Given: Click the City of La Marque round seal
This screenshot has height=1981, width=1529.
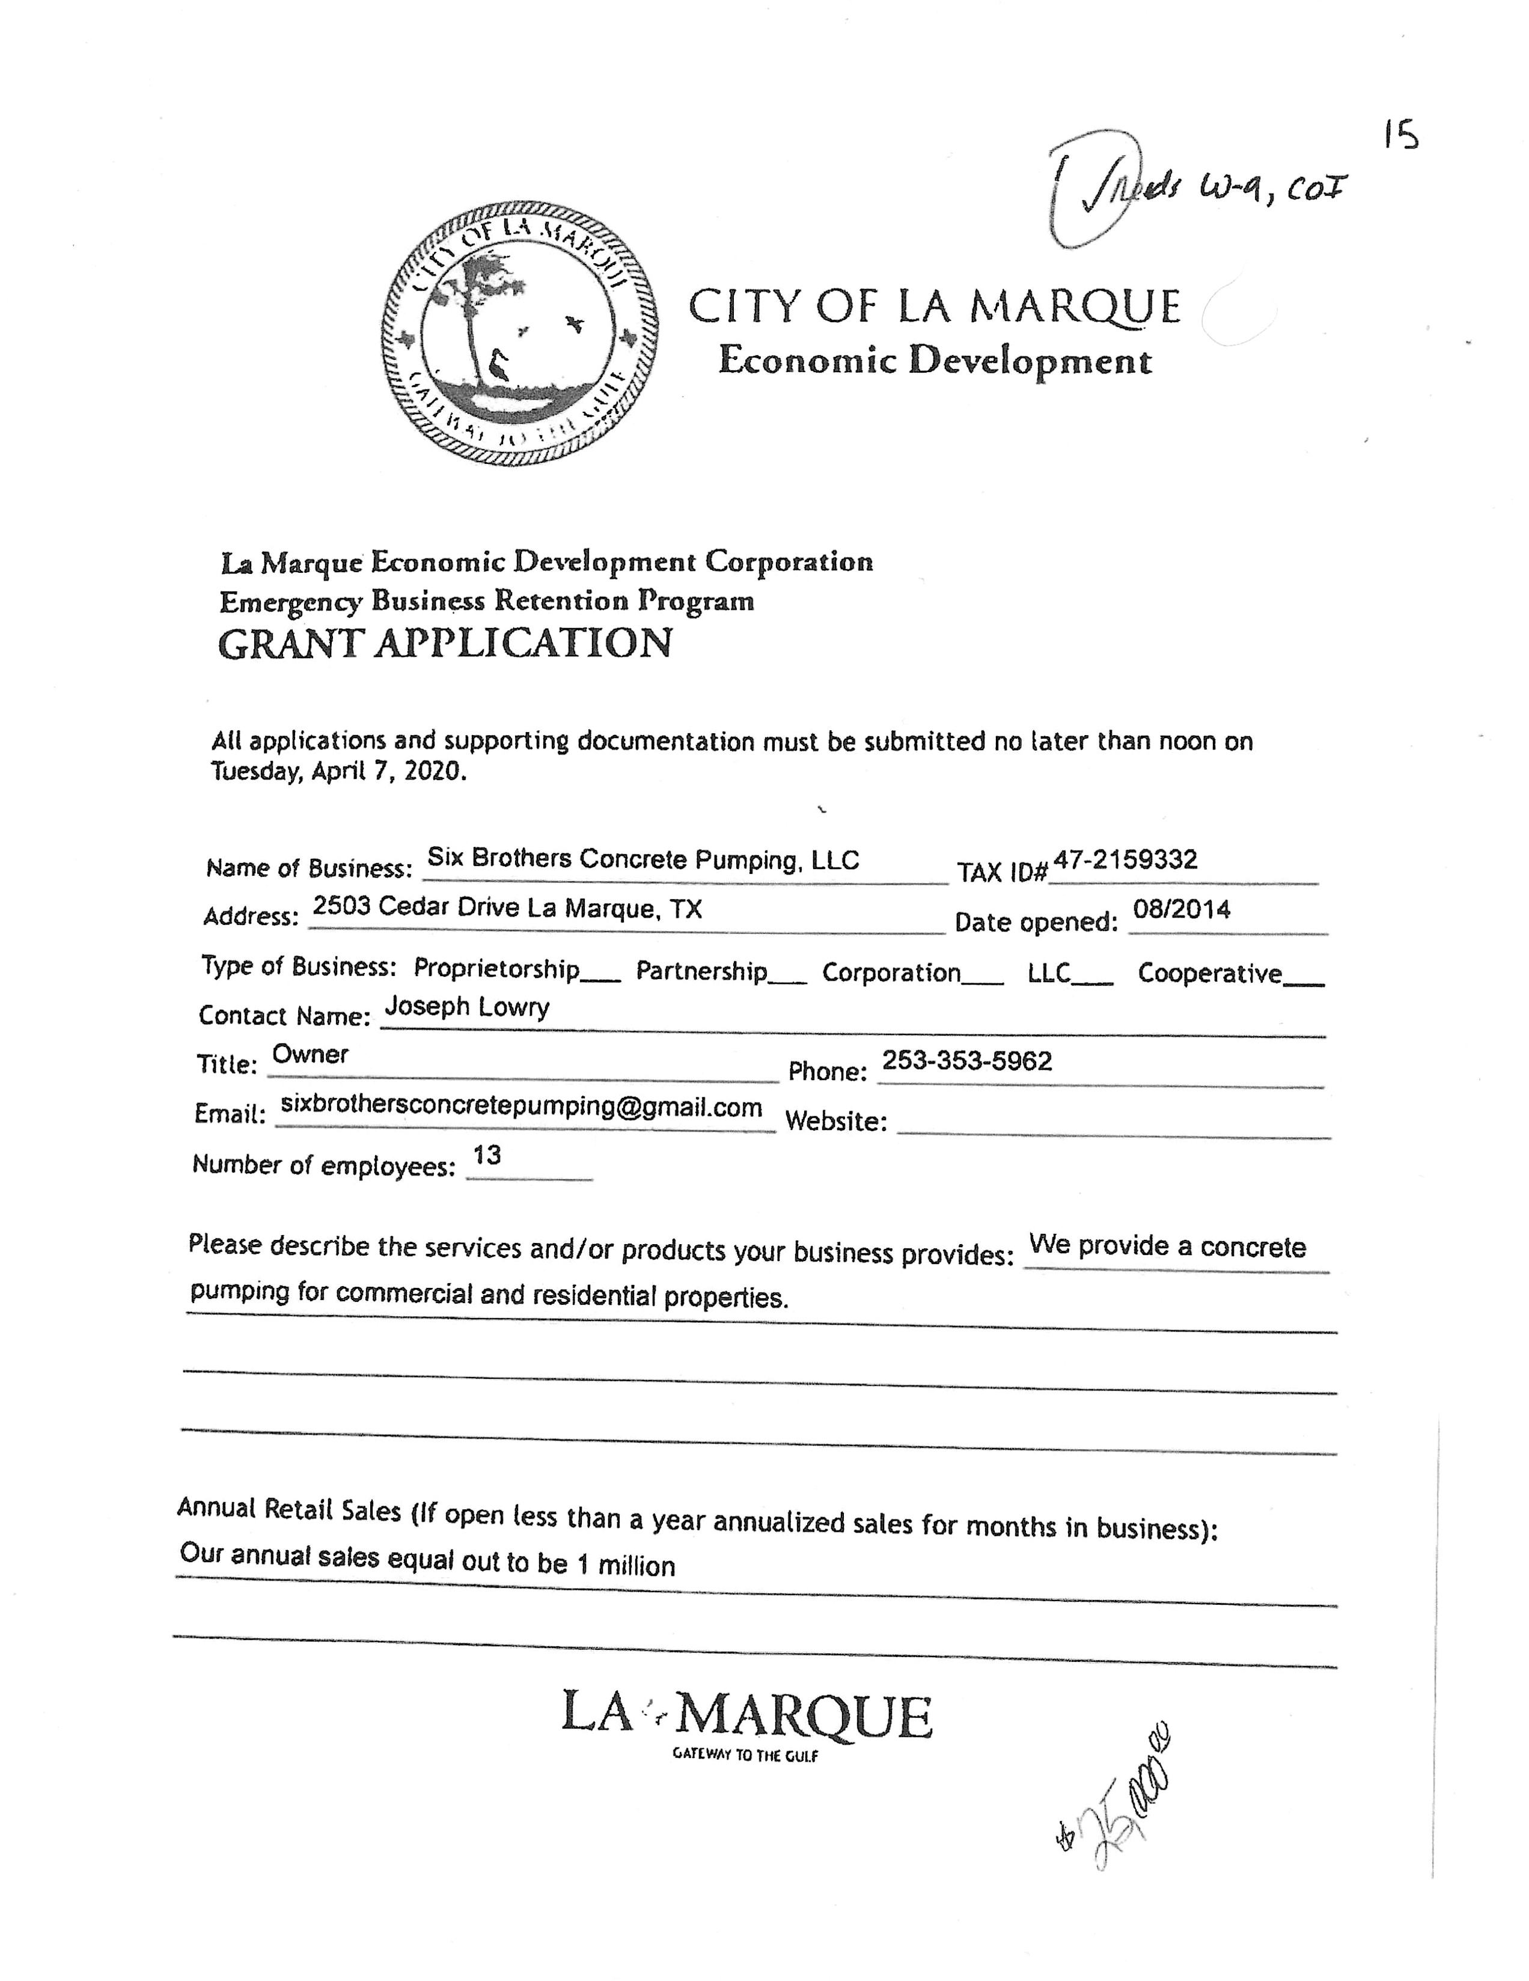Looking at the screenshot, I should pos(520,333).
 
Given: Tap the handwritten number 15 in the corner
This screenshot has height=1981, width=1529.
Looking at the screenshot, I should pos(1401,136).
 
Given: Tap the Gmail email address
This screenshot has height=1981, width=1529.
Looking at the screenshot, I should pos(522,1106).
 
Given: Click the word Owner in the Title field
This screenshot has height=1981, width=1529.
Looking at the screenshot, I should pos(310,1054).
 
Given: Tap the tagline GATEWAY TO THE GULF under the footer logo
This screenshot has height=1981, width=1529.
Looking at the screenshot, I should pos(745,1755).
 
